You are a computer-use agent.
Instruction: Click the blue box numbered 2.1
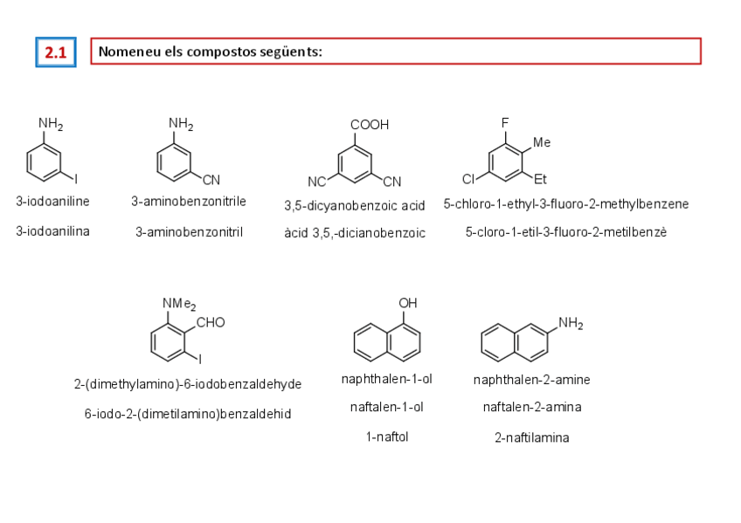[x=56, y=52]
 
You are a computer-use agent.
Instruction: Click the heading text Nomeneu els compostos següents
[x=211, y=52]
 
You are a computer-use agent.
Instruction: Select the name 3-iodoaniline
[x=52, y=202]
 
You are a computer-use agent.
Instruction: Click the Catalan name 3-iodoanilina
[x=52, y=231]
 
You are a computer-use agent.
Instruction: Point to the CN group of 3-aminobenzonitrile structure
[x=211, y=180]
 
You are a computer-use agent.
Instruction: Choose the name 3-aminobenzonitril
[x=189, y=232]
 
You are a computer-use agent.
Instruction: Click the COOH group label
[x=370, y=125]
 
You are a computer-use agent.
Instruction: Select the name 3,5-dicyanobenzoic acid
[x=354, y=206]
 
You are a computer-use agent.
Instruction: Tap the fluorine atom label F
[x=505, y=123]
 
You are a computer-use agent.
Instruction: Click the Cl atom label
[x=468, y=179]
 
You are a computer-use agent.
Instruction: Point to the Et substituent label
[x=541, y=180]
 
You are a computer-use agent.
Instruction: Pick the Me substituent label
[x=542, y=141]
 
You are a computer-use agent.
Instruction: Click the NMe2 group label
[x=179, y=304]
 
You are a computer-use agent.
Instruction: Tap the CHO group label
[x=211, y=322]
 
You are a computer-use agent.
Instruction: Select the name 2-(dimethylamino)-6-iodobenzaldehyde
[x=188, y=384]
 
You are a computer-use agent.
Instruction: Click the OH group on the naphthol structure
[x=407, y=303]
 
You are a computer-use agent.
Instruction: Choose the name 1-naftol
[x=386, y=437]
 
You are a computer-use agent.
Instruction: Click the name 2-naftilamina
[x=531, y=438]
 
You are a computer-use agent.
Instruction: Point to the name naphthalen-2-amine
[x=531, y=380]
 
